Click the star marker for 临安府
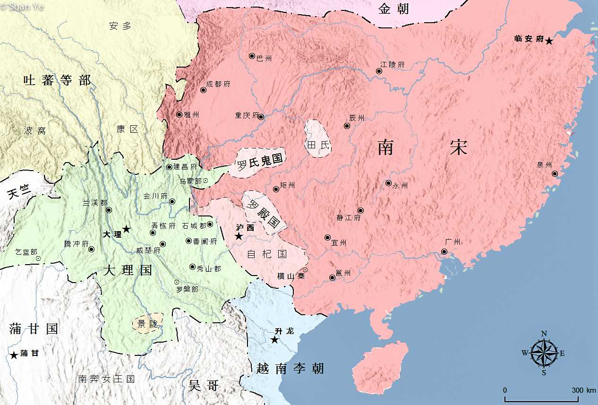tap(549, 41)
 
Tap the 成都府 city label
tap(218, 84)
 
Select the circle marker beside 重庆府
tap(261, 116)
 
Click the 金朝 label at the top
tap(393, 9)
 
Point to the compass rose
tap(544, 353)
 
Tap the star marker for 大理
tap(127, 229)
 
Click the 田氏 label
tap(318, 145)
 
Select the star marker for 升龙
tap(274, 340)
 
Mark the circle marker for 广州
tap(444, 251)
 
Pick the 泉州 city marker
tap(555, 173)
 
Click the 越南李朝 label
tap(290, 368)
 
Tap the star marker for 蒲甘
tap(14, 355)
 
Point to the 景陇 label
tap(145, 324)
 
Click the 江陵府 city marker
tap(379, 71)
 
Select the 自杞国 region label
tap(267, 254)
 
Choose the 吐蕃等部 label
tap(57, 80)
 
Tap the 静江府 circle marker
tap(360, 210)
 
